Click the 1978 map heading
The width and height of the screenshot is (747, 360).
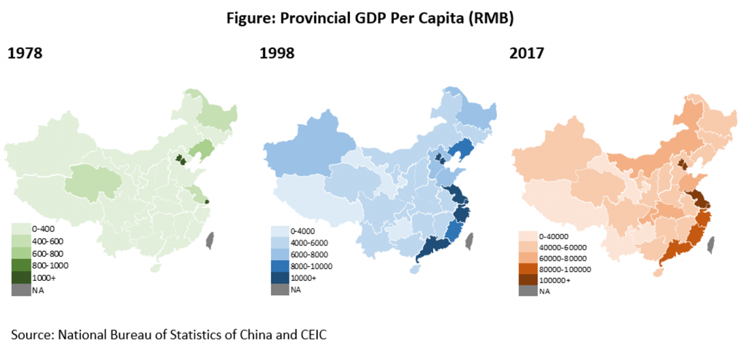tap(25, 54)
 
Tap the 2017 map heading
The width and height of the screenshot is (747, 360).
tap(527, 54)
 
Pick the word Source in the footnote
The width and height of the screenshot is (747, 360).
tap(31, 334)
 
